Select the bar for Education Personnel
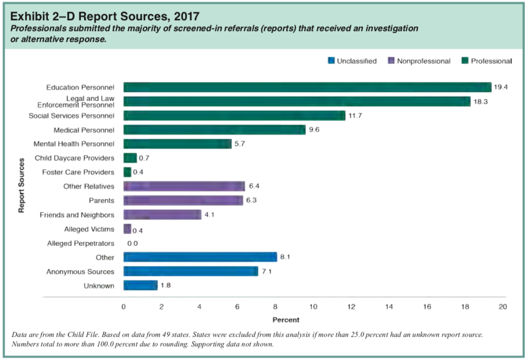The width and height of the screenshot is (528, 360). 307,87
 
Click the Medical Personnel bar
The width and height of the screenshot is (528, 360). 214,129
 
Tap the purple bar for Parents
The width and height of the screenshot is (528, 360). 183,200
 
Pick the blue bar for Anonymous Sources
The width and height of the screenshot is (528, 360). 191,271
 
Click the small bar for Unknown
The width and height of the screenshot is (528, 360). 140,285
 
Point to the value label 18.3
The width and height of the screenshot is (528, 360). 480,102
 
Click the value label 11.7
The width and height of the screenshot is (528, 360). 355,116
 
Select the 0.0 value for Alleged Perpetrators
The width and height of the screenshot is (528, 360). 133,243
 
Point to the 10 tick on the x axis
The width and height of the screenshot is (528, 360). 313,307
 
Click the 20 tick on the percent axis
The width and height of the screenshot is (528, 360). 503,307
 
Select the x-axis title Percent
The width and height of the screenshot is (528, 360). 286,320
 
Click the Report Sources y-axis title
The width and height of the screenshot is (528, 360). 22,186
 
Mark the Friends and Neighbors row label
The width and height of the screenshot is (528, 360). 77,215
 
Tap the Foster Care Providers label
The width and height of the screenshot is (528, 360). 78,172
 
